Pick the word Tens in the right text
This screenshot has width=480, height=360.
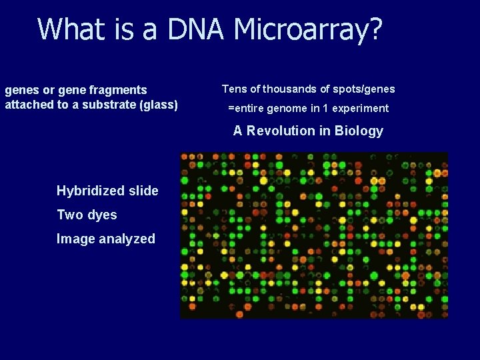(x=234, y=89)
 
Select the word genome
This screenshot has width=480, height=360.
(x=285, y=108)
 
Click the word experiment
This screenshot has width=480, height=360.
(x=360, y=108)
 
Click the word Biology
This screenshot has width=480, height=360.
(x=359, y=131)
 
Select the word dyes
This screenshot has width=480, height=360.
(x=102, y=215)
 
